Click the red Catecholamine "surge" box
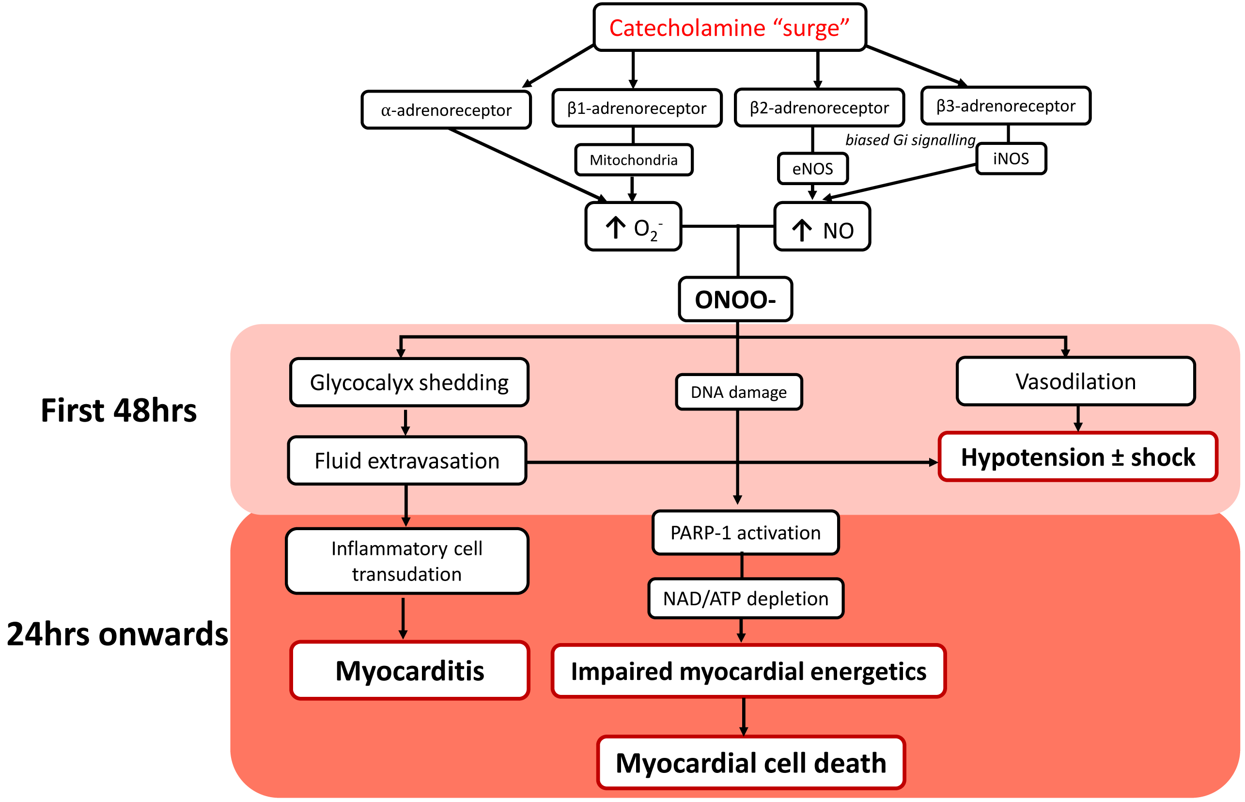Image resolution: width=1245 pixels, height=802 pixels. click(x=729, y=28)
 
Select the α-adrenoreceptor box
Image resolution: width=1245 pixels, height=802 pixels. click(x=446, y=110)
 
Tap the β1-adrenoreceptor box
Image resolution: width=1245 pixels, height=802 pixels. click(x=637, y=108)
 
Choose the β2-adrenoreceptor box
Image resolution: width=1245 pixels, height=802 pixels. click(x=819, y=107)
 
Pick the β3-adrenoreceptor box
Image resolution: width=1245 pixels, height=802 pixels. click(x=1006, y=106)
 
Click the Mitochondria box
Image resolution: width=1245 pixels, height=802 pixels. click(x=634, y=160)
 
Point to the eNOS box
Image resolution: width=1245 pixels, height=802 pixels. click(x=812, y=169)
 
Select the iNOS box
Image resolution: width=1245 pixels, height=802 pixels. click(x=1011, y=158)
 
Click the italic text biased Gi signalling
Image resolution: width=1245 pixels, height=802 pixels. click(x=910, y=140)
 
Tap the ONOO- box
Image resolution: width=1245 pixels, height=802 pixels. click(x=735, y=299)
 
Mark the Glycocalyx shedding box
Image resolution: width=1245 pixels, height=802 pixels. click(x=409, y=382)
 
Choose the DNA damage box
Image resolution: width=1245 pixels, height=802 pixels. click(x=739, y=392)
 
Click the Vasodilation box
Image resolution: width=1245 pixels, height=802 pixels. click(x=1075, y=381)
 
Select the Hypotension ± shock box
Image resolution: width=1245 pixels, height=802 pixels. click(x=1077, y=456)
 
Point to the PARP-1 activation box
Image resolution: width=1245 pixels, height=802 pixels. click(x=746, y=533)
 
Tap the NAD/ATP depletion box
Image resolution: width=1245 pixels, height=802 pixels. click(x=746, y=598)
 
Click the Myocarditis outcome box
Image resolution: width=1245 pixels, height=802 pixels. click(x=410, y=670)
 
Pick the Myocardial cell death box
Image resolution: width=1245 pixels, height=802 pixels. click(x=750, y=762)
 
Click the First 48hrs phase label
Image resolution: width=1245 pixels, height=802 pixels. click(x=119, y=410)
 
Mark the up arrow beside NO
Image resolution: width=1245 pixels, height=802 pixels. click(x=802, y=230)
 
